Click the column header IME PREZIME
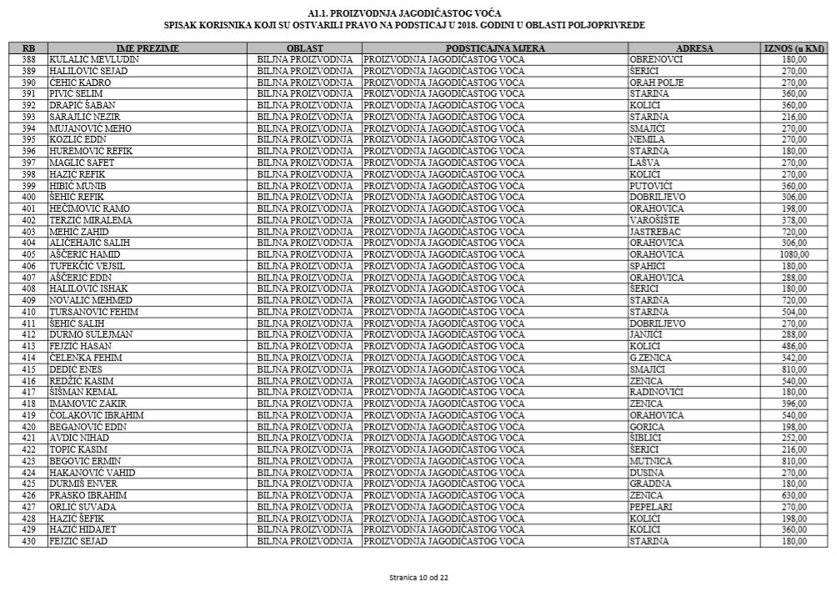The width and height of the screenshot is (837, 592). click(x=148, y=48)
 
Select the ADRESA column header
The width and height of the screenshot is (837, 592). click(x=694, y=48)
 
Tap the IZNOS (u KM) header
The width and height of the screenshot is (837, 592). click(x=794, y=48)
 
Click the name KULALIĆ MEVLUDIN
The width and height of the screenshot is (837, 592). click(x=94, y=60)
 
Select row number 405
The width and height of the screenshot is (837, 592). click(x=28, y=254)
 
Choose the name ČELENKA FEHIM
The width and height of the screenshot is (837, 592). click(x=87, y=358)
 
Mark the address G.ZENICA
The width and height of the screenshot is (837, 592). click(x=651, y=358)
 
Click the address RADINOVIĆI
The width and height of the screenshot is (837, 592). click(x=657, y=392)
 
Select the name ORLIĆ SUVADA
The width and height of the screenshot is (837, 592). click(x=84, y=507)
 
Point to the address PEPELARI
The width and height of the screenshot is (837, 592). click(x=651, y=507)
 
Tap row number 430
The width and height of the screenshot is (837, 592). click(x=28, y=541)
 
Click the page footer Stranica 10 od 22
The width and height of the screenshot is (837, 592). click(x=418, y=577)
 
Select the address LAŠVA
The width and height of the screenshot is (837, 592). click(x=644, y=163)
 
